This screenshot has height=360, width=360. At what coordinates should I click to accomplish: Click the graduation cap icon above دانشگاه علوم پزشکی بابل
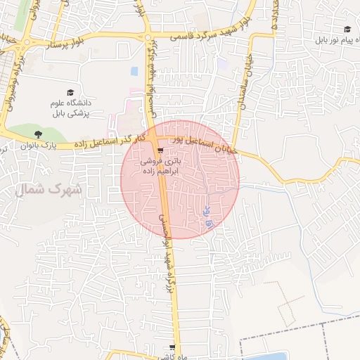click(x=70, y=92)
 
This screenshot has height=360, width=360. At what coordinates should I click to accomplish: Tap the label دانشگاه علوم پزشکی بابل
click(x=71, y=108)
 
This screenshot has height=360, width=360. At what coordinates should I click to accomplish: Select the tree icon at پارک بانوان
click(x=37, y=134)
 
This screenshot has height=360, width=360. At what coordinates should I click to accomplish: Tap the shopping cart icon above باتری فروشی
click(x=162, y=150)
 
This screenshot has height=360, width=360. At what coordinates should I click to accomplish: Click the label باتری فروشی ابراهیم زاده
click(x=162, y=166)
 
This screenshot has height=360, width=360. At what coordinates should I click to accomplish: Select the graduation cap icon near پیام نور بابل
click(x=347, y=29)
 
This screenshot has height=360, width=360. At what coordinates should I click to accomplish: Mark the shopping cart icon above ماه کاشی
click(x=172, y=348)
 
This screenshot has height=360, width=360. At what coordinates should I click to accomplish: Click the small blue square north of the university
click(x=134, y=72)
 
